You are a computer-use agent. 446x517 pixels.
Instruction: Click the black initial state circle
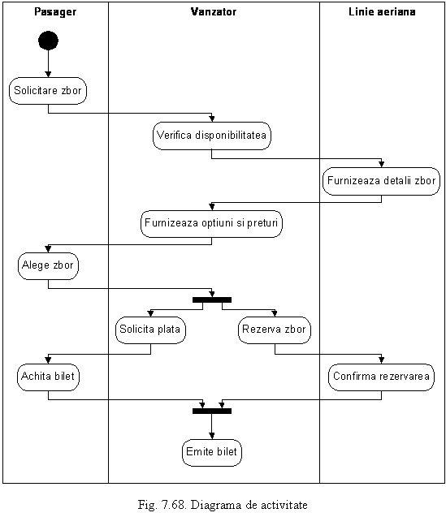(48, 41)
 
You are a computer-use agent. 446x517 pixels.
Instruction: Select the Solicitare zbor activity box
(48, 91)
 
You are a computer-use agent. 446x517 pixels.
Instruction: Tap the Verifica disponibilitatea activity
(211, 136)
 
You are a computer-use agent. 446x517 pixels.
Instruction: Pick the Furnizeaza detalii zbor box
(381, 181)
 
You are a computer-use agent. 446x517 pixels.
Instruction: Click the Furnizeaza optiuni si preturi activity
(211, 223)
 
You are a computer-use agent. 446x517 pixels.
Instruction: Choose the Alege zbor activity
(48, 265)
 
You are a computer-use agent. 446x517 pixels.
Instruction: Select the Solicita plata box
(150, 330)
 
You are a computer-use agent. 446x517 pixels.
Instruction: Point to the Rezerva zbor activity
(275, 330)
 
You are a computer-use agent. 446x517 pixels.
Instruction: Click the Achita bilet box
(48, 377)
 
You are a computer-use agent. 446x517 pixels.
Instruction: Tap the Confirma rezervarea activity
(381, 377)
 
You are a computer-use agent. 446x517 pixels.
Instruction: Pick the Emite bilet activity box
(211, 452)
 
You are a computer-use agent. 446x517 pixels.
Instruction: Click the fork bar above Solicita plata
(212, 299)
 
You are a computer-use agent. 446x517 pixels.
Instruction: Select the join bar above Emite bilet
(212, 411)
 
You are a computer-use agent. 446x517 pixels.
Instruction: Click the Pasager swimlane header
(55, 12)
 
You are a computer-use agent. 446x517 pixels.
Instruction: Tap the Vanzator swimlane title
(214, 12)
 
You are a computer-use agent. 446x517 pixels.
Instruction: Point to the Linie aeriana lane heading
(382, 12)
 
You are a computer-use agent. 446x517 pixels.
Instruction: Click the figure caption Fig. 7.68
(223, 505)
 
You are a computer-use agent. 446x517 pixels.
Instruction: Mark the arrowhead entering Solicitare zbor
(48, 74)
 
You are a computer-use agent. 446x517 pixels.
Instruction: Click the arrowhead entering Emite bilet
(212, 436)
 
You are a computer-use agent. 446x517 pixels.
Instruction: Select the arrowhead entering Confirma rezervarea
(381, 360)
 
